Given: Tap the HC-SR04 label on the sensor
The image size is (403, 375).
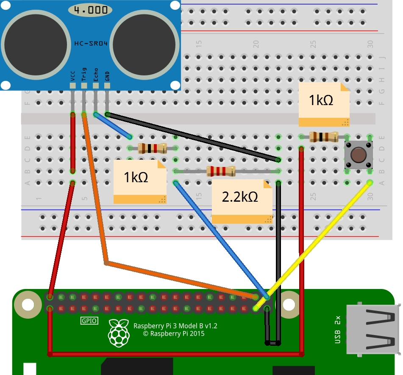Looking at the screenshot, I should pyautogui.click(x=91, y=43).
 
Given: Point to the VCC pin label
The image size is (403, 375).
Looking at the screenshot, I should pyautogui.click(x=73, y=76).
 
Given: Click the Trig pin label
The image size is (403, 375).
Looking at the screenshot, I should pyautogui.click(x=84, y=75).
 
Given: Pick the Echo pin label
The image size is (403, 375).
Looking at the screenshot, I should pyautogui.click(x=96, y=75).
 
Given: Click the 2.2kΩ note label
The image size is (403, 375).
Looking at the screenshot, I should pyautogui.click(x=240, y=197).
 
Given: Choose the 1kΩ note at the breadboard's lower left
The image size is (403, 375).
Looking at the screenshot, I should pyautogui.click(x=136, y=177).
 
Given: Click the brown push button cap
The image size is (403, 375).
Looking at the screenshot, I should pyautogui.click(x=358, y=155).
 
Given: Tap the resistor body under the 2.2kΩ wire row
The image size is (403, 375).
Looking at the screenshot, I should pyautogui.click(x=220, y=171).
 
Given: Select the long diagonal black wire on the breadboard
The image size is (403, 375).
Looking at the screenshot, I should pyautogui.click(x=191, y=136).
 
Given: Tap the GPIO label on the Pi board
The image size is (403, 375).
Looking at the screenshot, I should pyautogui.click(x=89, y=321).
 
